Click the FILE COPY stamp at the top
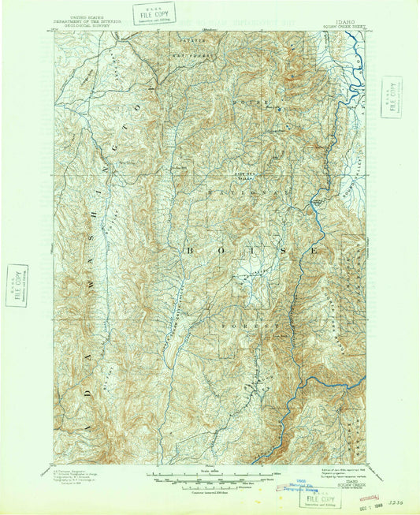(154, 13)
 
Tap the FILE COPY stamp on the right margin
(390, 96)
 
